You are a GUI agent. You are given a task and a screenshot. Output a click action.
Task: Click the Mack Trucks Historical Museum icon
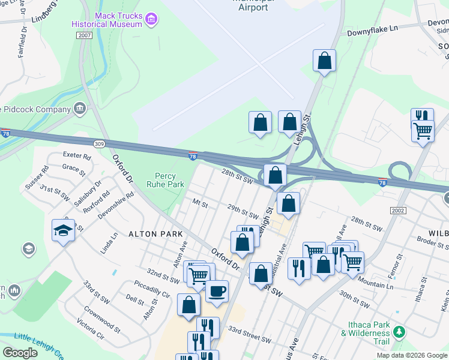click(x=152, y=20)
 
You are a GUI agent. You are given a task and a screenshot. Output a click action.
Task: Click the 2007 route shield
click(x=85, y=36)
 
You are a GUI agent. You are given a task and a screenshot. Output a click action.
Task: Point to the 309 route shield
click(x=100, y=144)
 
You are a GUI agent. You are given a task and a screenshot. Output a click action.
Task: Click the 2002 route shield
click(x=398, y=211)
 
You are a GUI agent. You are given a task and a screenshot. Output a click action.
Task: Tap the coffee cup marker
click(x=217, y=292)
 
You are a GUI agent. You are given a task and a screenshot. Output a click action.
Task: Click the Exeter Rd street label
click(x=76, y=156)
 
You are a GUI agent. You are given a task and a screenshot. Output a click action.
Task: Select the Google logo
click(x=20, y=353)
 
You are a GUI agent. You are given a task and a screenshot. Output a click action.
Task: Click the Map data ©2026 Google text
click(x=412, y=355)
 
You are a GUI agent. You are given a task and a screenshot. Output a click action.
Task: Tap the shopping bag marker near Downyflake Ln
click(x=324, y=61)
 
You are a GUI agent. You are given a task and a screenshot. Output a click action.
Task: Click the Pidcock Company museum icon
click(x=79, y=109)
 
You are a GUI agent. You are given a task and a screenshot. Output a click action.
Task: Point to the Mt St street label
click(x=199, y=204)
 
